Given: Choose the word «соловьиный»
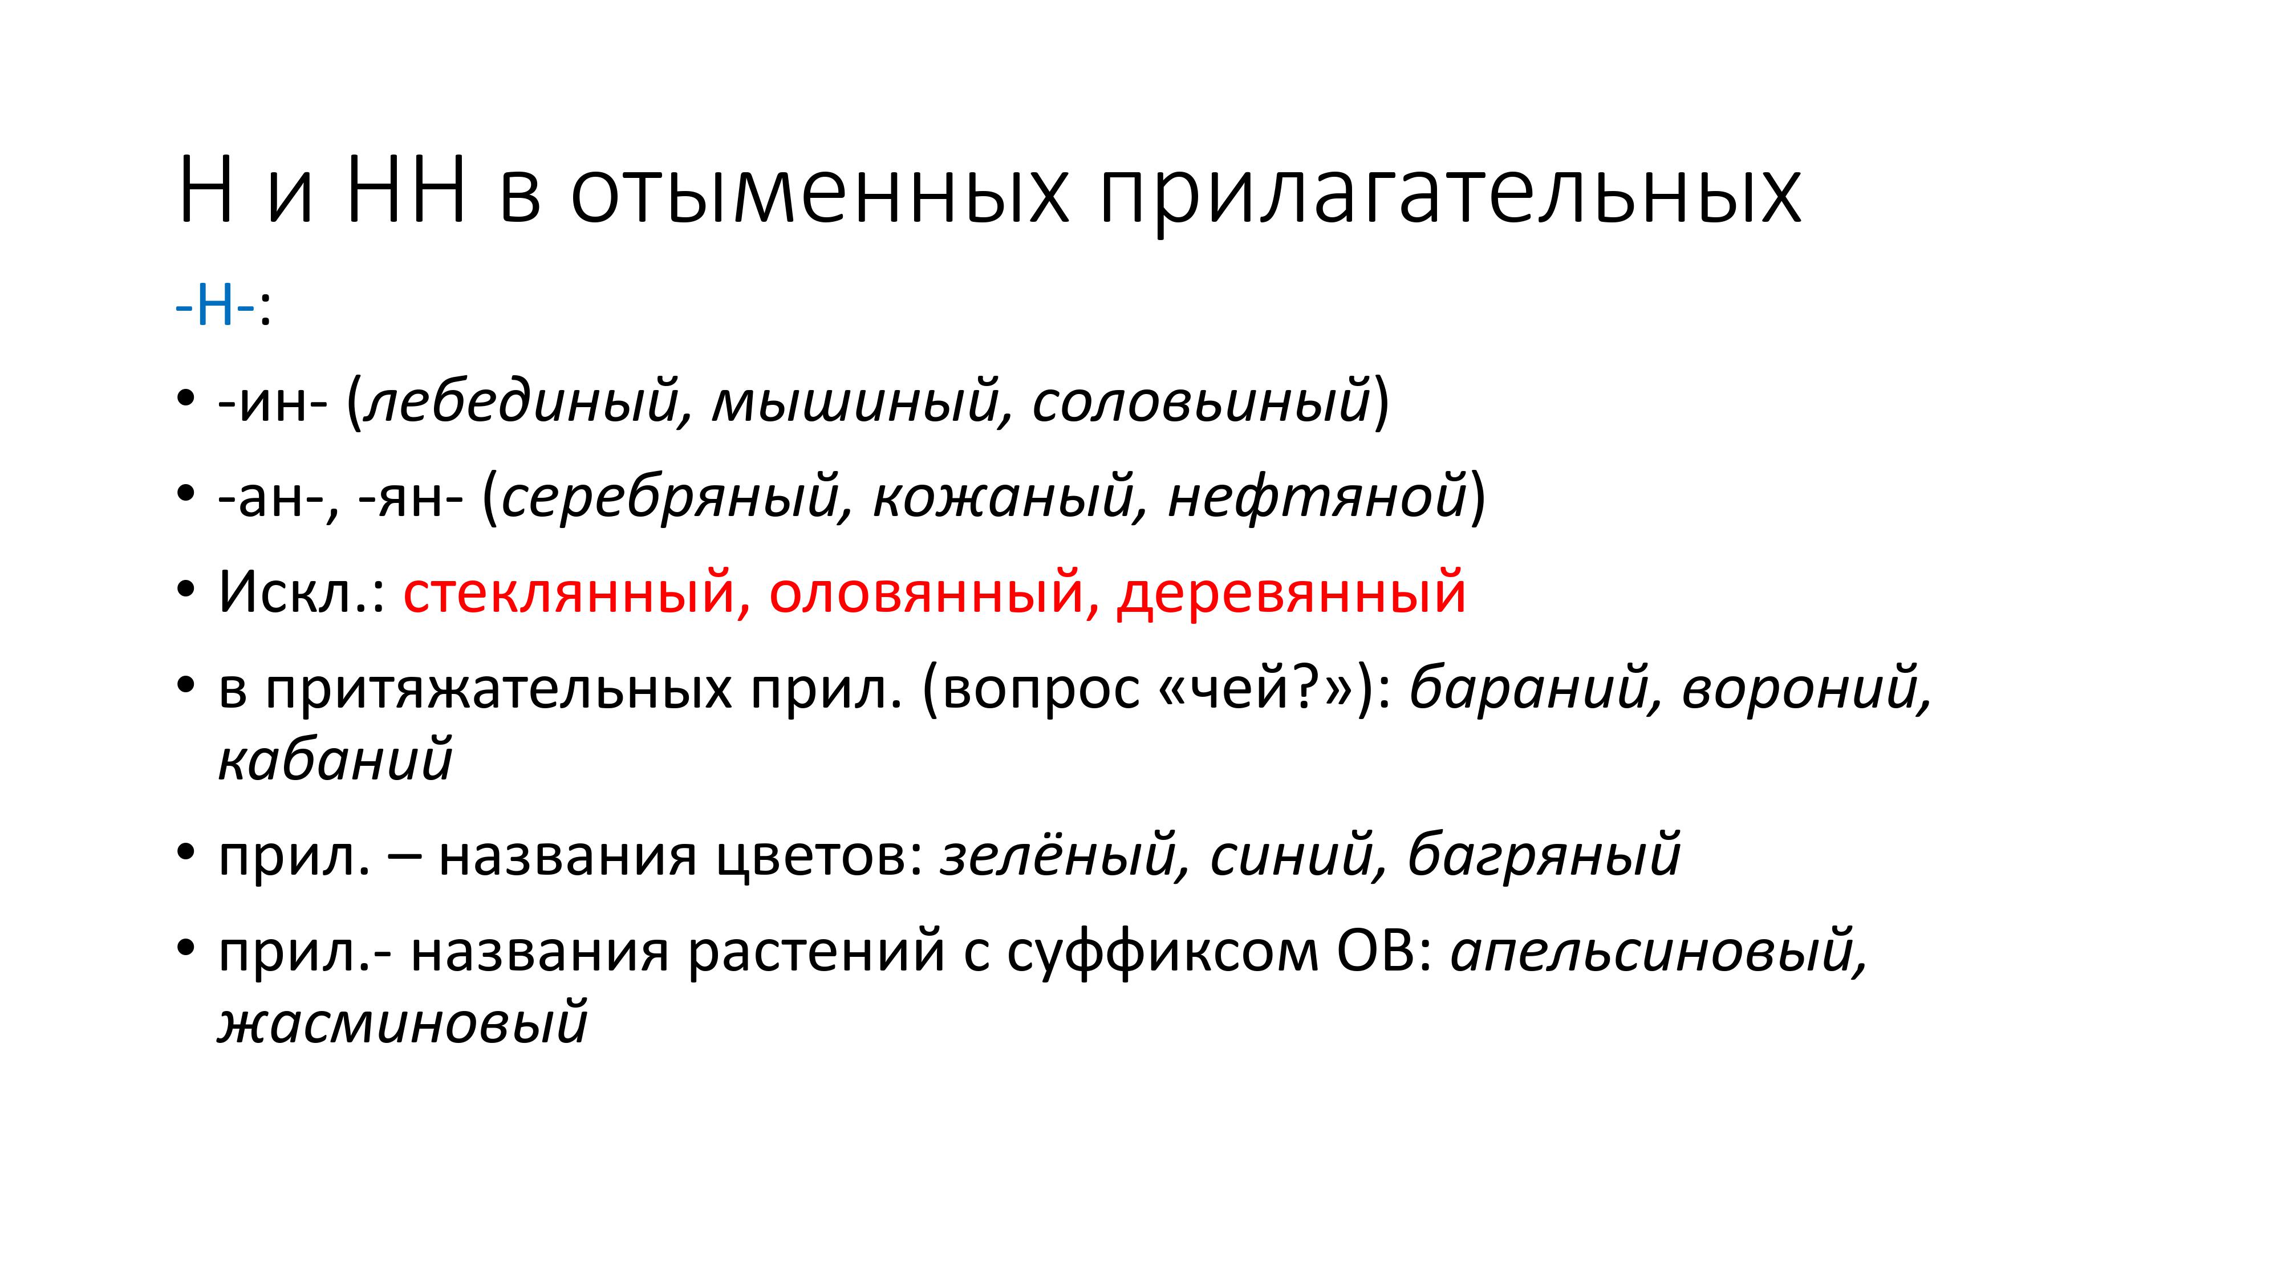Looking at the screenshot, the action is pyautogui.click(x=1202, y=401).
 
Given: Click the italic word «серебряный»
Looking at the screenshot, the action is pyautogui.click(x=670, y=497).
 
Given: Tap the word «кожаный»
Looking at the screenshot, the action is pyautogui.click(x=1003, y=497).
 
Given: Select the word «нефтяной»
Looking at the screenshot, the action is pyautogui.click(x=1318, y=497).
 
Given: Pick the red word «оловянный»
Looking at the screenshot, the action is pyautogui.click(x=926, y=592).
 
